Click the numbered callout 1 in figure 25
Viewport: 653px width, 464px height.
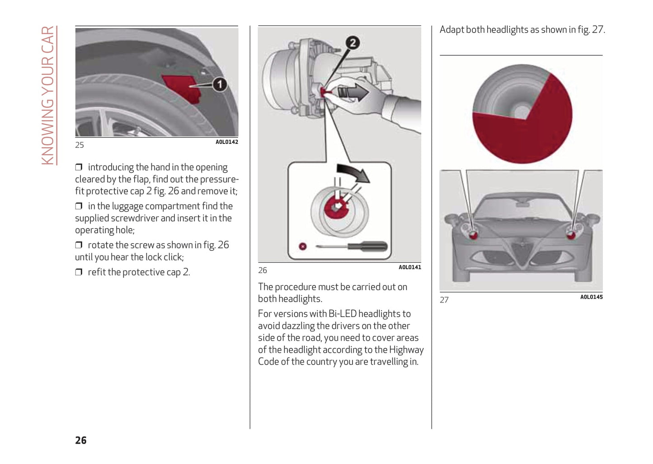(220, 85)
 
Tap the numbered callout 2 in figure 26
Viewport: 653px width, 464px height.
(352, 43)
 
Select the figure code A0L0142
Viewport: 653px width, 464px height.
(226, 142)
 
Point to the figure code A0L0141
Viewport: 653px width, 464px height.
(409, 267)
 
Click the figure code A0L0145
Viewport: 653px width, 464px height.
(591, 297)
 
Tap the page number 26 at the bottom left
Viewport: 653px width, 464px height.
(81, 440)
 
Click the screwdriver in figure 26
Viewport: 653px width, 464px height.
(357, 247)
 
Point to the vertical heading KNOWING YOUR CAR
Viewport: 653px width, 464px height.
(48, 95)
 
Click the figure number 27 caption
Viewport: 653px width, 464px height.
(444, 300)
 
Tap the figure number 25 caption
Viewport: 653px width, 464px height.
(80, 145)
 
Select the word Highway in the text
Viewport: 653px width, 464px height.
(406, 350)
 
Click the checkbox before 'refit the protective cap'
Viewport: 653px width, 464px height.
(79, 272)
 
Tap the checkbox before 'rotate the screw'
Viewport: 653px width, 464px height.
(79, 245)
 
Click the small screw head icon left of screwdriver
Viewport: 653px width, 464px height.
(303, 246)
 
